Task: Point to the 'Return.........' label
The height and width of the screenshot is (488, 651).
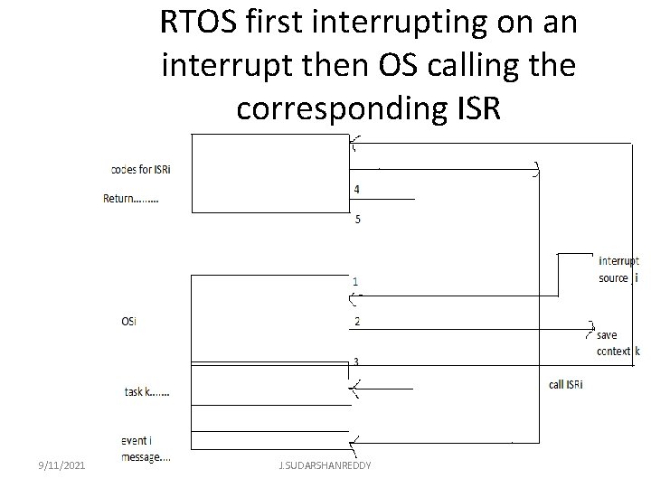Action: point(130,199)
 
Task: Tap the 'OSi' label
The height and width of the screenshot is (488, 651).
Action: point(129,320)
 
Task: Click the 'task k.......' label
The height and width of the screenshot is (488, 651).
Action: point(146,392)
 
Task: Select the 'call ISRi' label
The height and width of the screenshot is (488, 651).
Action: point(566,384)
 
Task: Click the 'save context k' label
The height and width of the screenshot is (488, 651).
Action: point(618,343)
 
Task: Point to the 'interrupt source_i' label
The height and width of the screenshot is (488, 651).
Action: point(618,269)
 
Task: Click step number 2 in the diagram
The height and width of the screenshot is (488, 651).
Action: point(356,321)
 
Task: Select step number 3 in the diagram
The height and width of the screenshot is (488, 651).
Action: point(356,361)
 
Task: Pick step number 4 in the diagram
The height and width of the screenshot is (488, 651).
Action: point(356,189)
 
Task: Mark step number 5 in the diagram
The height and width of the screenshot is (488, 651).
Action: point(356,219)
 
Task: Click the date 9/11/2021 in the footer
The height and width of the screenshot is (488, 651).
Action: point(61,465)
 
